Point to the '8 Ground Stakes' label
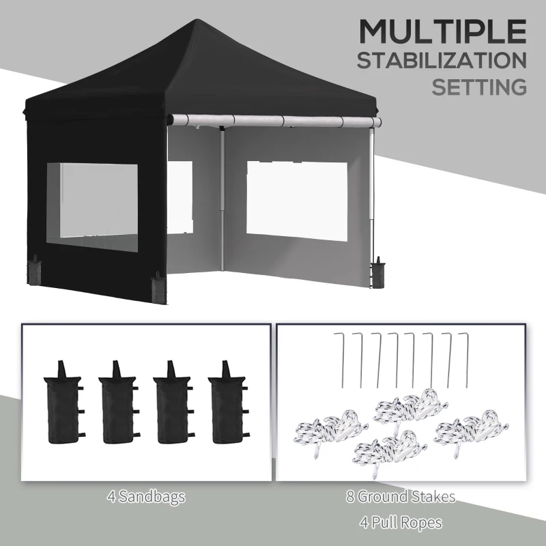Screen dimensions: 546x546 coord(400,497)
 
